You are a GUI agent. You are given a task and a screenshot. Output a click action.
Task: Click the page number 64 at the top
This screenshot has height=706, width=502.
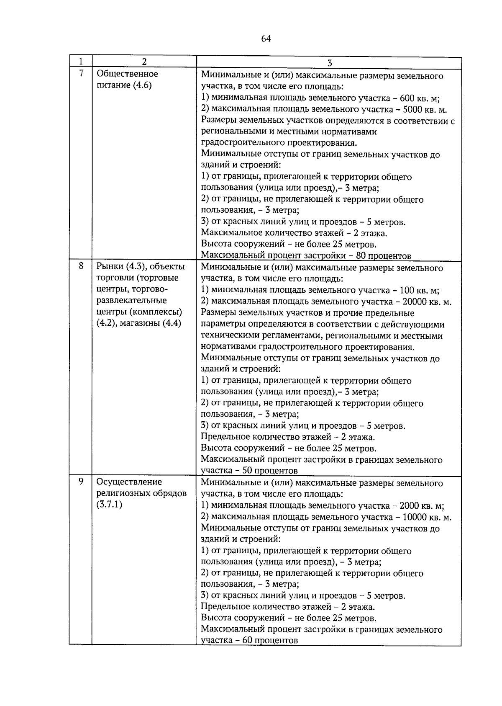266,39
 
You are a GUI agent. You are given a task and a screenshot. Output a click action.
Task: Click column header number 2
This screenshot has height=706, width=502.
144,62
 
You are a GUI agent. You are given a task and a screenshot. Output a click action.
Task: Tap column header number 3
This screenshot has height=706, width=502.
329,63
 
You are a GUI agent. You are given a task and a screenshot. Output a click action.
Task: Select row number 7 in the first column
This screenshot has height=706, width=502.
81,73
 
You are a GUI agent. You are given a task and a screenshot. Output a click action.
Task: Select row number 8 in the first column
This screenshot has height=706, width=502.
81,265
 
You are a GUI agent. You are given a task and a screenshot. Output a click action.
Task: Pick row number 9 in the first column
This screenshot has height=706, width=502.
81,481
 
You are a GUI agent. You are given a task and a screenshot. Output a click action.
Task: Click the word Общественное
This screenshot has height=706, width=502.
127,74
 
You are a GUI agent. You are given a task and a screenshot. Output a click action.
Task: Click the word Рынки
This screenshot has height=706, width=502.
110,266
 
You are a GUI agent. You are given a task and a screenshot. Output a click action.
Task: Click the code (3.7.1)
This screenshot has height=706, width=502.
109,504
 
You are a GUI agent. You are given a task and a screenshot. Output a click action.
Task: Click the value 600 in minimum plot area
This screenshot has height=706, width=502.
407,98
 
